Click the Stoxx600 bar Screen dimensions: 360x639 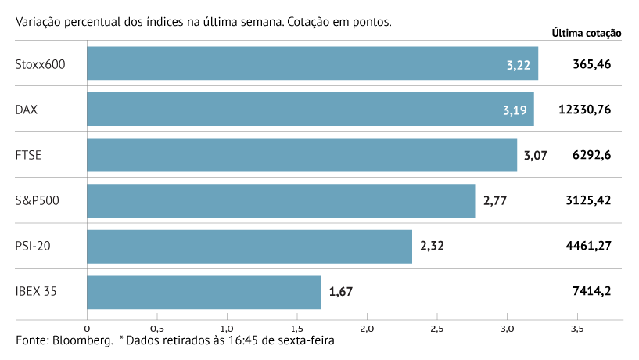312,63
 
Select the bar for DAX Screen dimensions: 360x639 310,109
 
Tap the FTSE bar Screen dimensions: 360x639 301,155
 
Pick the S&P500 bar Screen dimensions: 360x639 281,200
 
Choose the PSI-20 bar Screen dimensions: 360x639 249,246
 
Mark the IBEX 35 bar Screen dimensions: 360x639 203,292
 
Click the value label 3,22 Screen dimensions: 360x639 519,64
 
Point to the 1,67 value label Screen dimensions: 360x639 341,292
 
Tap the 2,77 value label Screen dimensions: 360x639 495,200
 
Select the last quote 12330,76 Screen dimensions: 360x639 584,110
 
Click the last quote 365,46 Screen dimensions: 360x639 592,64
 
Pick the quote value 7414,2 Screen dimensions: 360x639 592,292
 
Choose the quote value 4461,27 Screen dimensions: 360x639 587,246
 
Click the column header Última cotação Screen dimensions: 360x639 586,33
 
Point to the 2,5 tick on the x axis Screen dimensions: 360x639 437,328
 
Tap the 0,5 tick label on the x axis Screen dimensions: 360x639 156,328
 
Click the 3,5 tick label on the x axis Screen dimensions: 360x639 577,328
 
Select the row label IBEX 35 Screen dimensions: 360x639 36,292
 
